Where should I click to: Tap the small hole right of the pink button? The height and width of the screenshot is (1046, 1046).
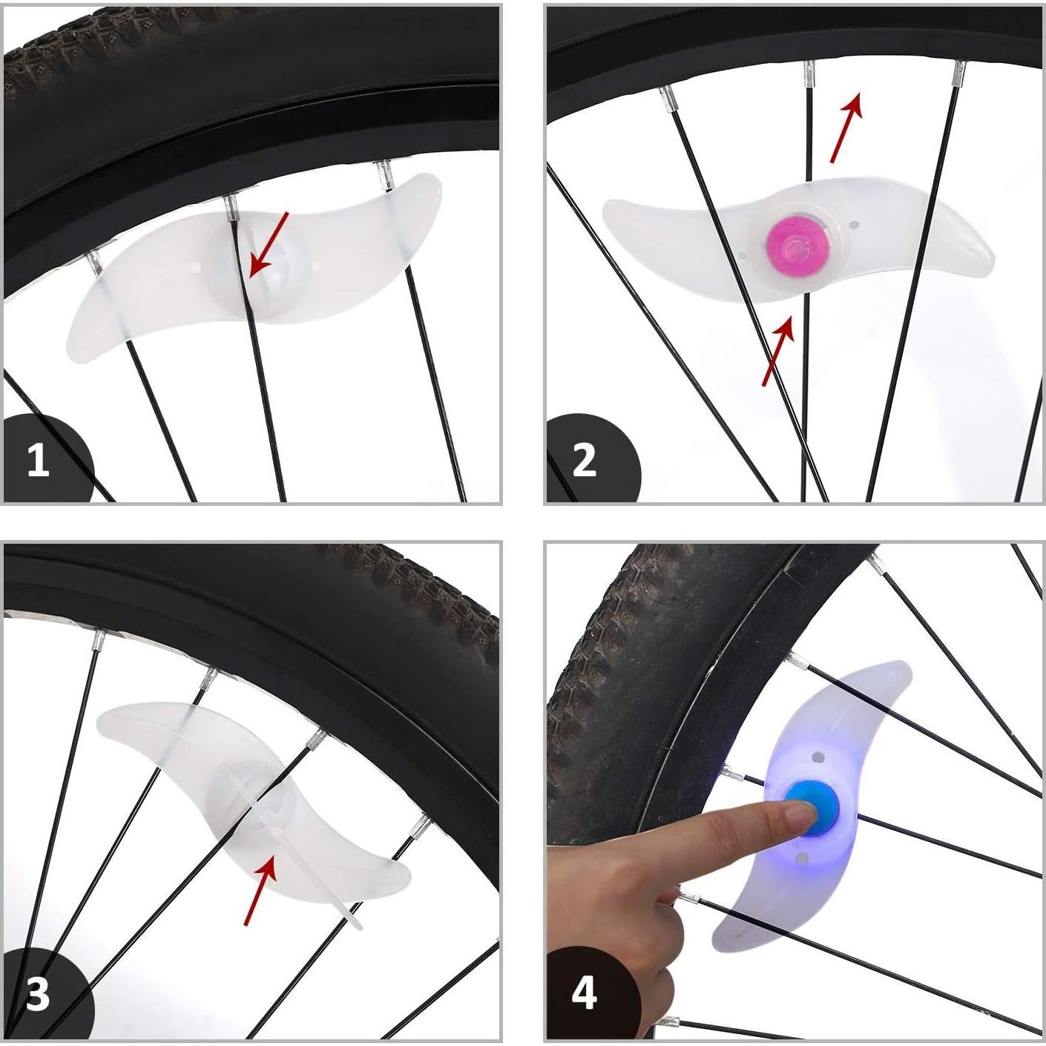[855, 223]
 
